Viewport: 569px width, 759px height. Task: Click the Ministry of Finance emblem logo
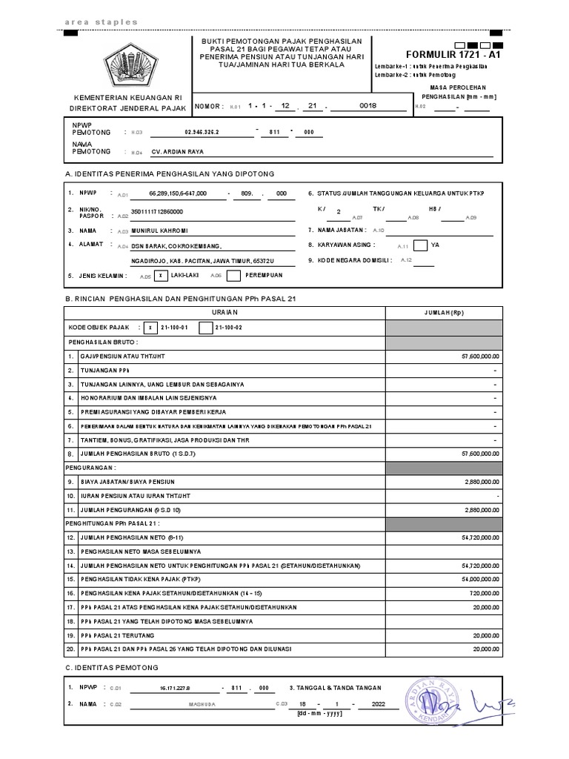[x=131, y=66]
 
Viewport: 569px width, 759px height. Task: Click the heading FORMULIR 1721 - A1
[x=454, y=55]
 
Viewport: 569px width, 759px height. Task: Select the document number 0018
[x=367, y=106]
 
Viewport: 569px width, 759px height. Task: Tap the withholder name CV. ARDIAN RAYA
[x=177, y=151]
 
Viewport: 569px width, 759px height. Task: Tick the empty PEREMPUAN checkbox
[x=233, y=276]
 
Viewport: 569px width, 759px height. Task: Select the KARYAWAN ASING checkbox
[x=420, y=245]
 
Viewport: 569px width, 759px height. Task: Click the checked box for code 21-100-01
[x=150, y=327]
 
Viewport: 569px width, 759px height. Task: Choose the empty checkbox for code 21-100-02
[x=205, y=327]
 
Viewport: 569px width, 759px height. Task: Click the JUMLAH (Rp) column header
[x=443, y=313]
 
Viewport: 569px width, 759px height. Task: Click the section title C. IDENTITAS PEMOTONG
[x=113, y=668]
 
